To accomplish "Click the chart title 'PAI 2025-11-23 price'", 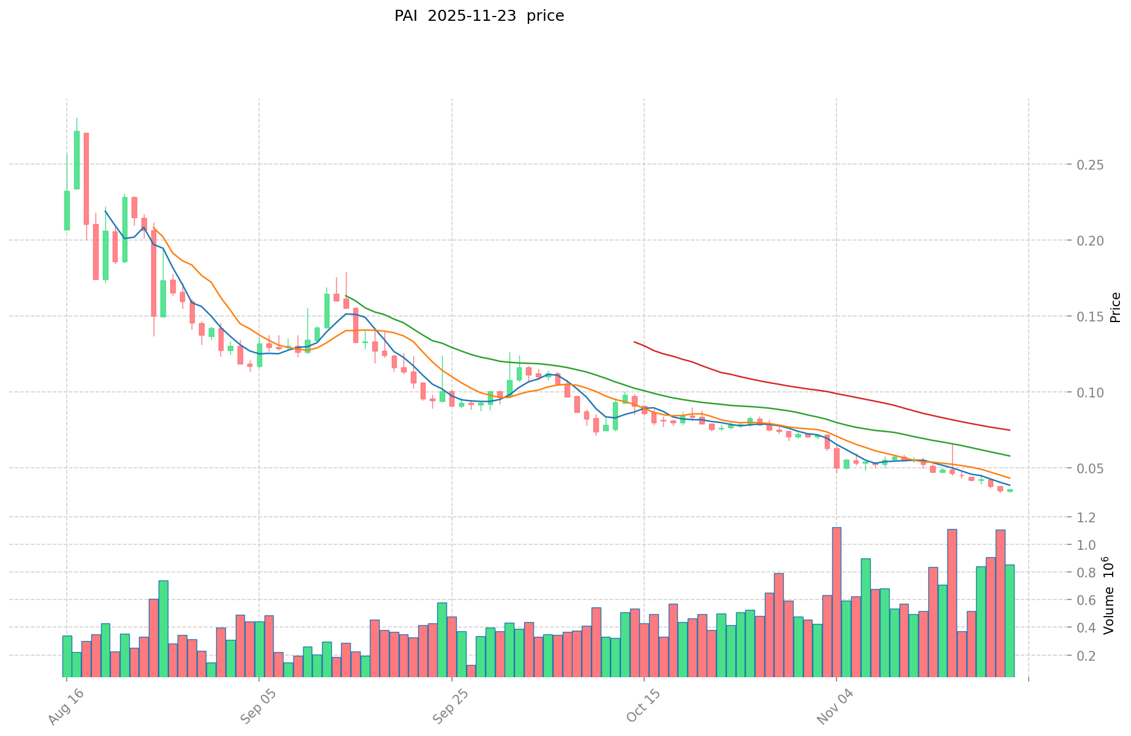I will pyautogui.click(x=479, y=16).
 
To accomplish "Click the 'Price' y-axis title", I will pyautogui.click(x=1115, y=307).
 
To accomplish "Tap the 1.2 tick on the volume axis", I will pyautogui.click(x=1088, y=517).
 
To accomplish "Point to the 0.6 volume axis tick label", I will pyautogui.click(x=1088, y=600).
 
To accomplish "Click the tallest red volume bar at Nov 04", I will pyautogui.click(x=836, y=601).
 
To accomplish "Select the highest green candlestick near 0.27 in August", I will pyautogui.click(x=77, y=159).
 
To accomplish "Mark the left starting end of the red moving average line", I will pyautogui.click(x=634, y=342).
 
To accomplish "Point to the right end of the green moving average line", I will pyautogui.click(x=1010, y=456).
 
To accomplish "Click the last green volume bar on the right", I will pyautogui.click(x=1010, y=620).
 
